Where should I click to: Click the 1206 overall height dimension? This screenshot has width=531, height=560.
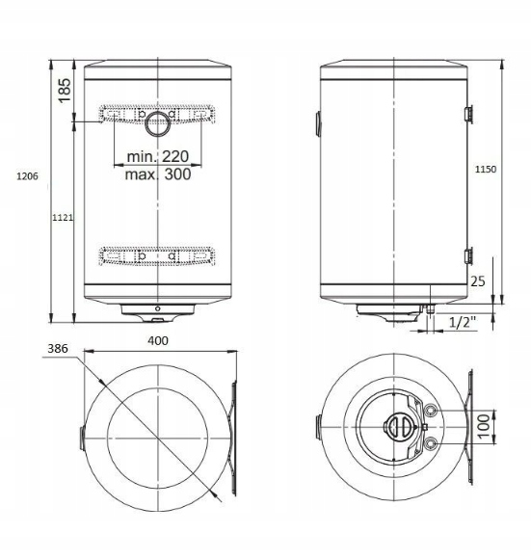pyautogui.click(x=27, y=176)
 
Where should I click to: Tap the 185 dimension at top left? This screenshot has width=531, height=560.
pyautogui.click(x=65, y=91)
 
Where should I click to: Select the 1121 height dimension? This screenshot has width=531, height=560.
pyautogui.click(x=63, y=217)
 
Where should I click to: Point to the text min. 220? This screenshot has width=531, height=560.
pyautogui.click(x=158, y=156)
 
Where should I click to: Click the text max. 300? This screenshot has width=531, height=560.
pyautogui.click(x=158, y=174)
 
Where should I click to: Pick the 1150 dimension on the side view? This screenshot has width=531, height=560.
pyautogui.click(x=486, y=169)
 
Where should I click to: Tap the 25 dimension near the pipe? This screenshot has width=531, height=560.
pyautogui.click(x=477, y=281)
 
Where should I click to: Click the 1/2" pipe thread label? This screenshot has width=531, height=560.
pyautogui.click(x=463, y=322)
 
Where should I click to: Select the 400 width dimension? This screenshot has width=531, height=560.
pyautogui.click(x=158, y=340)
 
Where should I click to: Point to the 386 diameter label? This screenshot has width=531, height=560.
pyautogui.click(x=58, y=348)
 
